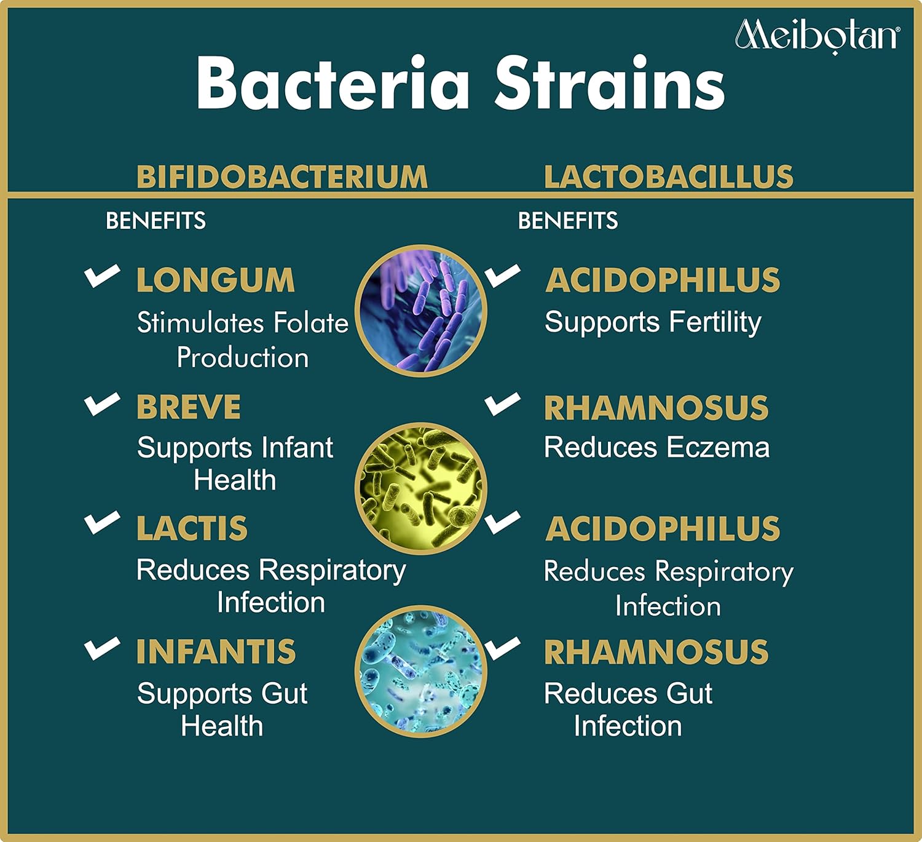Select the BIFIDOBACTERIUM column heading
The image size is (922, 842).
pos(282,177)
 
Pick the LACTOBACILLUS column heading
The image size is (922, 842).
pos(669,177)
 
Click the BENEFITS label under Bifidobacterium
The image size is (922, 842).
pos(156,221)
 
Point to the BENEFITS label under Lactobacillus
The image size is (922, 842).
pos(568,221)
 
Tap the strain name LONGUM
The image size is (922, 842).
pos(216,280)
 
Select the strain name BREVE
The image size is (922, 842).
pos(189,407)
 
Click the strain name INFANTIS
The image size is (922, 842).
pos(216,651)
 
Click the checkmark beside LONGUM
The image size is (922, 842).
pos(103,276)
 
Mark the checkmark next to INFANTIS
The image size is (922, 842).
pos(103,649)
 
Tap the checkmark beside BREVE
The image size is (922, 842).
pos(103,405)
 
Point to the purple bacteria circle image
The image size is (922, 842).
pos(420,311)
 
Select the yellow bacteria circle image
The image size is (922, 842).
pos(420,488)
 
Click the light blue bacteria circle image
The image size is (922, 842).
pos(420,671)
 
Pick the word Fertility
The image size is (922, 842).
pos(715,323)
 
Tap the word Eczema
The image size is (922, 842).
pos(718,448)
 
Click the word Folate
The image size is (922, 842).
pos(310,322)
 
